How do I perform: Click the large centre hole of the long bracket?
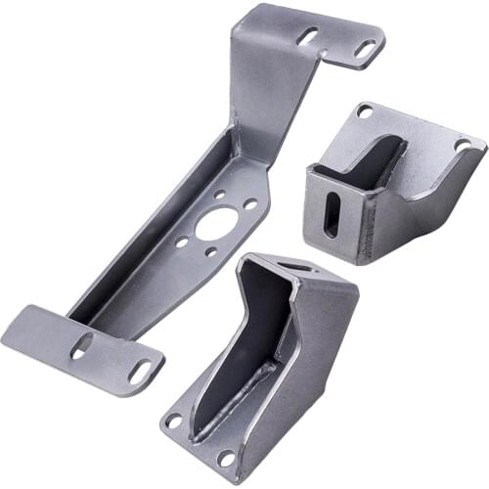pos(214,224)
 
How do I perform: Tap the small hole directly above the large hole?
pos(218,195)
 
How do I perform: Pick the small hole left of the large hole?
pos(181,241)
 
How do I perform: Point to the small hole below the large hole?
pos(211,251)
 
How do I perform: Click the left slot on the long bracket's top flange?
pos(307,36)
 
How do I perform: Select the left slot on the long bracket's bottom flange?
pos(82,344)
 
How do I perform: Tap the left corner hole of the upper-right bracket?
pos(364,111)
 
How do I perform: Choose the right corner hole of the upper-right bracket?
pos(464,145)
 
